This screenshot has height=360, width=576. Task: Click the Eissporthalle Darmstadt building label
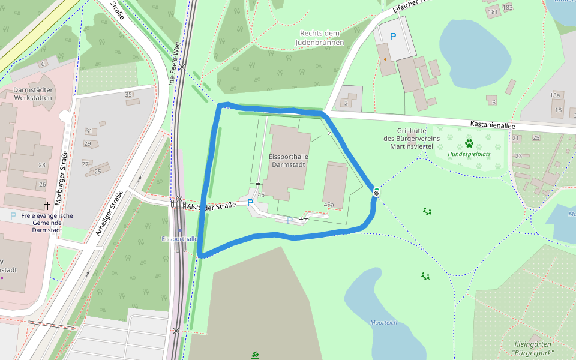click(289, 160)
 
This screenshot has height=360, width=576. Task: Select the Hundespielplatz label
click(469, 154)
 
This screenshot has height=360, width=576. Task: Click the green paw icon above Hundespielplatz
click(469, 143)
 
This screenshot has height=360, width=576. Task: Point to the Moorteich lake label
click(384, 323)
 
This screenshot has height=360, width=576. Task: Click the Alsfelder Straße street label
click(212, 206)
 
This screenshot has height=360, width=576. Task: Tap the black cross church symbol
click(47, 205)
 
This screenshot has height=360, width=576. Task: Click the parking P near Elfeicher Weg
click(393, 37)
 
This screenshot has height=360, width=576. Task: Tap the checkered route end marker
click(376, 192)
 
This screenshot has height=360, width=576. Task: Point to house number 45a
click(329, 205)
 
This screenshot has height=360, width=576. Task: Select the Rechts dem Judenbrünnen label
click(319, 38)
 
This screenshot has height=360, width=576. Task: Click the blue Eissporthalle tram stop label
click(179, 238)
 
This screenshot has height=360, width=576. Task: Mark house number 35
click(128, 94)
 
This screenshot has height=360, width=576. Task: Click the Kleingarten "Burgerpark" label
click(534, 349)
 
